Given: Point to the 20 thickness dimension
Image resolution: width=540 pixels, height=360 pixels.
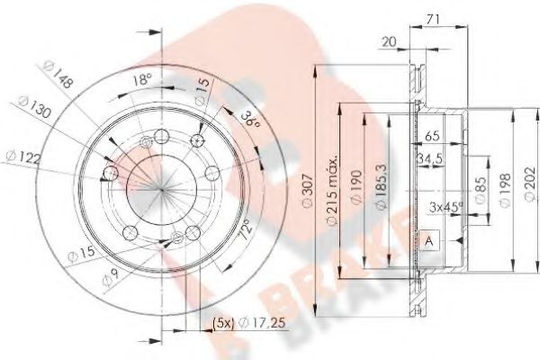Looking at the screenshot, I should [389, 40].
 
